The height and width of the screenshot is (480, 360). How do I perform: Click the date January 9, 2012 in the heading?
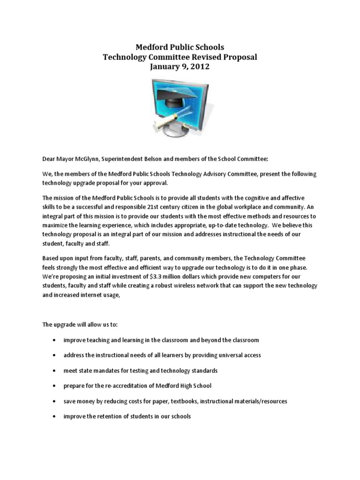pos(180,67)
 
